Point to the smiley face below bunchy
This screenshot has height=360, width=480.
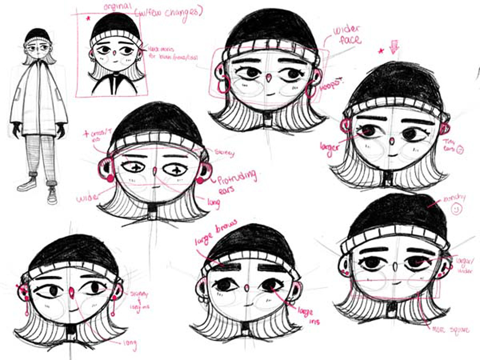456,210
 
